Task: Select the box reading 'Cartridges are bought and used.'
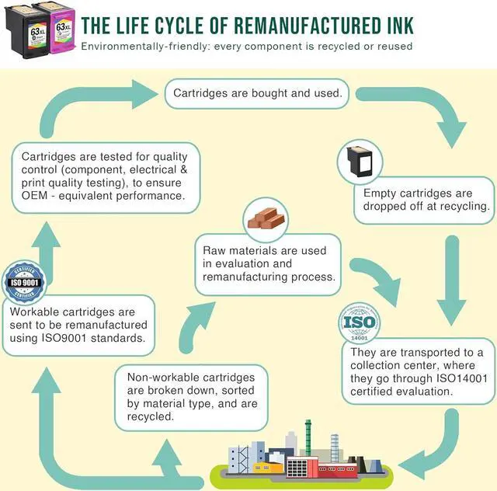click(257, 93)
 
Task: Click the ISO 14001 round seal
click(360, 326)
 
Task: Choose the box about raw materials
click(269, 263)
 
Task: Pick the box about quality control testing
click(104, 177)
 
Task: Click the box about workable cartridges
click(78, 325)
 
